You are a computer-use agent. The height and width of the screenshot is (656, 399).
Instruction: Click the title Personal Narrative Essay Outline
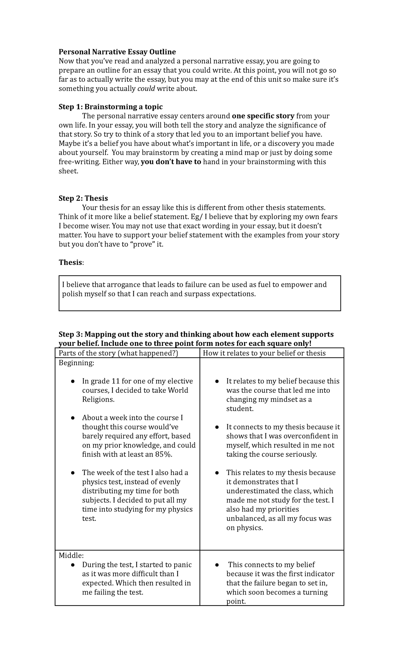point(117,52)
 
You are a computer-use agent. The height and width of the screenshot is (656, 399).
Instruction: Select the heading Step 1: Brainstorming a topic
point(110,107)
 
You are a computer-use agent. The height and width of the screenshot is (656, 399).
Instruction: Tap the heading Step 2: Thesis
point(83,198)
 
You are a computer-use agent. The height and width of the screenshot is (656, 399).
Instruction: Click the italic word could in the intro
point(146,89)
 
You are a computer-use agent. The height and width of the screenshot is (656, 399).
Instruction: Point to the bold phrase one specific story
point(263,116)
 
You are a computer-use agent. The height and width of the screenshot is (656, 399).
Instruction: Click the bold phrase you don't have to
point(171,162)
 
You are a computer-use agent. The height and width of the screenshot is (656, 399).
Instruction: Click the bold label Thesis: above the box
point(71,262)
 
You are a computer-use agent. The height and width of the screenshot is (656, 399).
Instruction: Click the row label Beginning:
point(76,363)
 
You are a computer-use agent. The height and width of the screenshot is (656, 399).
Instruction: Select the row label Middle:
point(71,555)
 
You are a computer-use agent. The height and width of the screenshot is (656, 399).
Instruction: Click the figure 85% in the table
point(163,454)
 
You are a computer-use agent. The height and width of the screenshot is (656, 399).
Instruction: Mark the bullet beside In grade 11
point(72,381)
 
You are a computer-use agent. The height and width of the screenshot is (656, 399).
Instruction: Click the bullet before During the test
point(72,565)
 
